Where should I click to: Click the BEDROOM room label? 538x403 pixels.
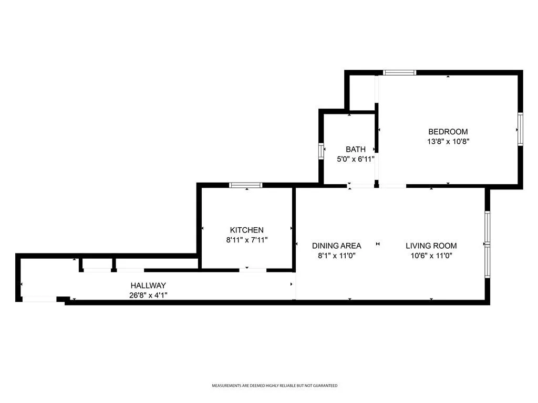(x=448, y=132)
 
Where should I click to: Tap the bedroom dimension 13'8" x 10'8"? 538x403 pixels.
(x=448, y=141)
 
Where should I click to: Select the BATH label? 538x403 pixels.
(x=356, y=150)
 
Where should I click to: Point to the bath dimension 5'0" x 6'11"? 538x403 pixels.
(x=356, y=159)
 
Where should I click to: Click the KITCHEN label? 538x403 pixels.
(x=247, y=230)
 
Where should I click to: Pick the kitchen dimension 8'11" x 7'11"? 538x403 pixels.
(x=247, y=240)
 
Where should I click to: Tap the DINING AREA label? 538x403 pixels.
(x=337, y=246)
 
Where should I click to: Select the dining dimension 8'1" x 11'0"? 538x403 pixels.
(x=337, y=256)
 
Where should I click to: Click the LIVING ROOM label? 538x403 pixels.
(x=431, y=246)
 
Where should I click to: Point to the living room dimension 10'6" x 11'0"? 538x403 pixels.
(x=431, y=256)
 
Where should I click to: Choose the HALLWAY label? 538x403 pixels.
(x=148, y=285)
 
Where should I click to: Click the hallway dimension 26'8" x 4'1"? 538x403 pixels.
(x=148, y=295)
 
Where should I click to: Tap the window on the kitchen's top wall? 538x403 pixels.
(x=246, y=185)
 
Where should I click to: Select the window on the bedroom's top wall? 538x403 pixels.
(x=400, y=72)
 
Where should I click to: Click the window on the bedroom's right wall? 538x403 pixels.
(x=521, y=129)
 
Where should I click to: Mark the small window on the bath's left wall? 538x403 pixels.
(x=321, y=151)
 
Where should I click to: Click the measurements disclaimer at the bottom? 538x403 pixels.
(x=274, y=386)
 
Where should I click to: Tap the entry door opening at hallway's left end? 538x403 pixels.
(x=39, y=299)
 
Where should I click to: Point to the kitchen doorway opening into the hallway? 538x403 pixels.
(x=253, y=270)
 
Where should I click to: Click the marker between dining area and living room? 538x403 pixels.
(x=378, y=244)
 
